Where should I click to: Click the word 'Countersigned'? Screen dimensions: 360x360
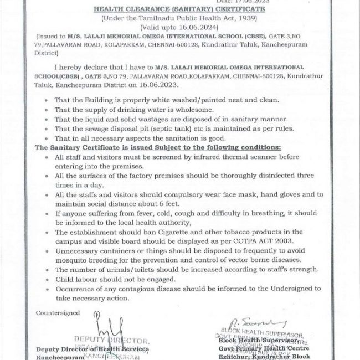point(58,313)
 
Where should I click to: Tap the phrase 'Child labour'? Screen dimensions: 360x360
point(75,279)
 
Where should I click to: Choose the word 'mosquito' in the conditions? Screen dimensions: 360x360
point(74,259)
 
